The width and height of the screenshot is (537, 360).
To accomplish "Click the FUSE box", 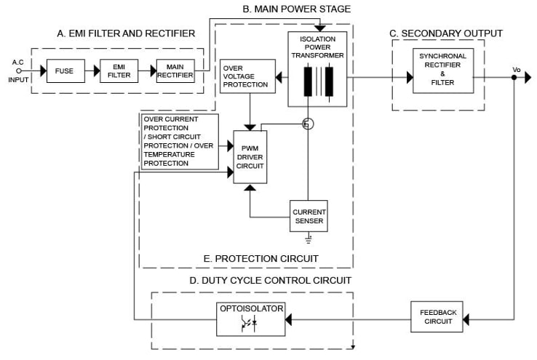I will [x=65, y=71].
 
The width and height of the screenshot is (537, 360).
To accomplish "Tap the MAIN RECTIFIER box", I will [x=175, y=71].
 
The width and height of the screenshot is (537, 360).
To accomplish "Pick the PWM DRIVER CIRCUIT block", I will [x=250, y=156].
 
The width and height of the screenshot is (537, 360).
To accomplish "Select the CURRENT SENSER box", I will [x=309, y=216].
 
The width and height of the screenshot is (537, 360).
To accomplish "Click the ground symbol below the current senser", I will [x=309, y=238].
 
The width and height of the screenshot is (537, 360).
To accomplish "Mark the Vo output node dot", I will [x=514, y=77].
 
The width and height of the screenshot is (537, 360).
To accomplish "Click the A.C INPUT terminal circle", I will [x=20, y=71].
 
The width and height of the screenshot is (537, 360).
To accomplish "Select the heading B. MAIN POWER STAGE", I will [x=296, y=9].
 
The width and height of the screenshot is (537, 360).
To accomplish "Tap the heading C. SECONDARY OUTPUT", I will [x=446, y=33].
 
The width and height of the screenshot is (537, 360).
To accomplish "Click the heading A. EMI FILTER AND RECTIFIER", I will [x=126, y=33].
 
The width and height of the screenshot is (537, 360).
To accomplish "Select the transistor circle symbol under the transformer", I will [x=308, y=124].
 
